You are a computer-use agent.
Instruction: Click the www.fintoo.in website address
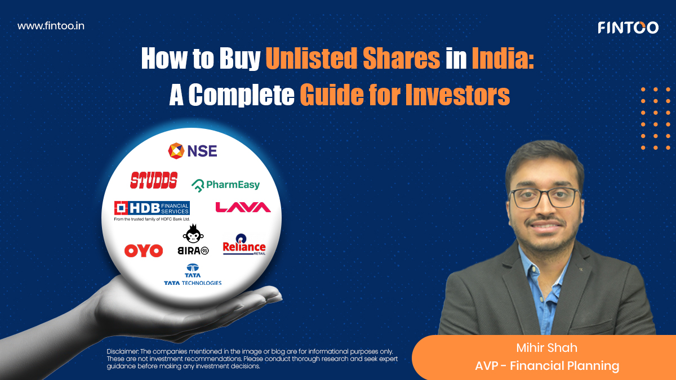coord(51,26)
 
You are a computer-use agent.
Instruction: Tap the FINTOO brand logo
coord(628,27)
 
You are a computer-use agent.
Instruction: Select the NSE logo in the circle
coord(193,150)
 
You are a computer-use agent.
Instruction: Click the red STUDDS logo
coord(154,180)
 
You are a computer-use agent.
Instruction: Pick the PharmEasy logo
coord(226,185)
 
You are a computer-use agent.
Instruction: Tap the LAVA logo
coord(243,208)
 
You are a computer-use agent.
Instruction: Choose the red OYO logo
coord(144,251)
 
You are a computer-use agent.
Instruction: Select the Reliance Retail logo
coord(244,248)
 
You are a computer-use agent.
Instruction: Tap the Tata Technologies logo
coord(193,275)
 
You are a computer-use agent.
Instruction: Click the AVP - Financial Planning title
coord(546,366)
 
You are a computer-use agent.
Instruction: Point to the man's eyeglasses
coord(544,198)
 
